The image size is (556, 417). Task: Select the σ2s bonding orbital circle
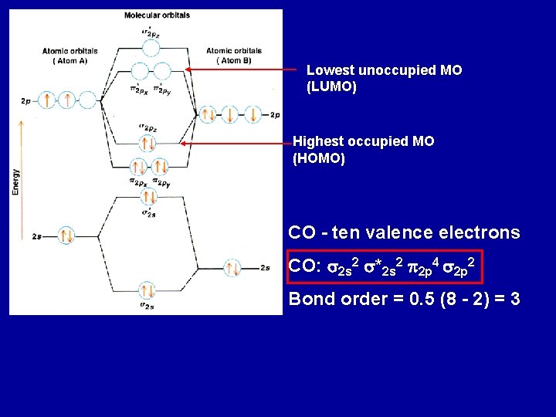(147, 291)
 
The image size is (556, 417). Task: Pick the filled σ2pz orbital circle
(147, 143)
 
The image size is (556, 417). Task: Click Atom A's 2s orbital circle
(65, 236)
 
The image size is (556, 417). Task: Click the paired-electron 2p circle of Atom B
(208, 115)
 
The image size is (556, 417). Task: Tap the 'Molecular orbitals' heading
(157, 15)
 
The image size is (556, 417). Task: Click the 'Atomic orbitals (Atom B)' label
(234, 56)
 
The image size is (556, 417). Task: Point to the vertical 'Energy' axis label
(15, 181)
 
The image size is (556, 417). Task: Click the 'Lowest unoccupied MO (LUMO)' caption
(384, 79)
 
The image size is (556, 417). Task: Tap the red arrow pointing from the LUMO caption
(239, 69)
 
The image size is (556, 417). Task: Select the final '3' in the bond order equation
(515, 299)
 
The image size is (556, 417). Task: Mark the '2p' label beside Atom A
(26, 101)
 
